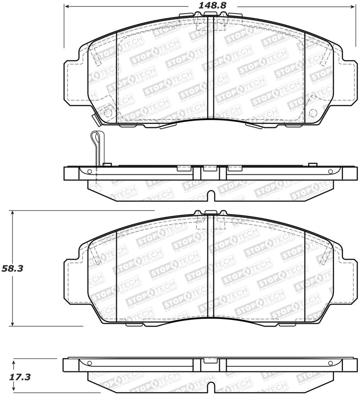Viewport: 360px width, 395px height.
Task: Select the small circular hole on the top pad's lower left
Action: pyautogui.click(x=108, y=113)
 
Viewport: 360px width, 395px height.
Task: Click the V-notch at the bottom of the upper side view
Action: pyautogui.click(x=210, y=195)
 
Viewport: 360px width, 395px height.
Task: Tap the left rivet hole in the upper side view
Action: pyautogui.click(x=90, y=171)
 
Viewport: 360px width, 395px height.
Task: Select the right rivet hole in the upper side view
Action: pyautogui.click(x=330, y=171)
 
